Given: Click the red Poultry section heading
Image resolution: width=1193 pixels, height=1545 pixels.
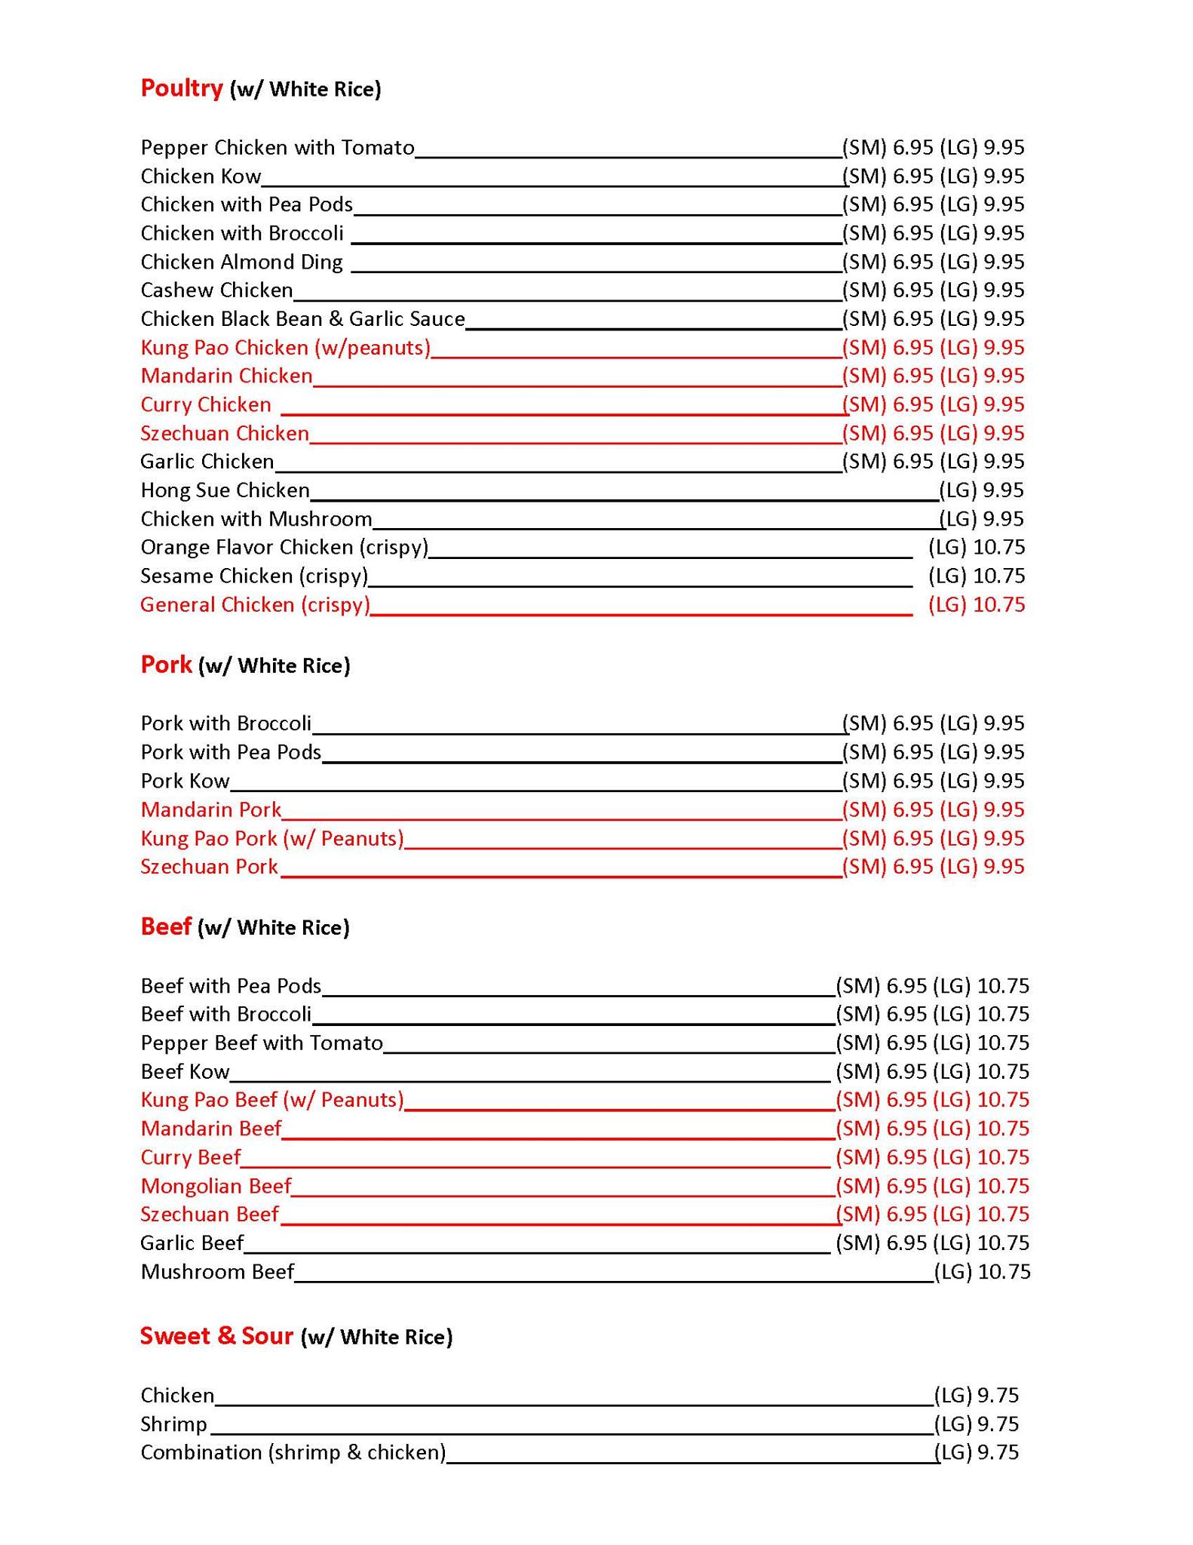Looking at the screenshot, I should click(182, 88).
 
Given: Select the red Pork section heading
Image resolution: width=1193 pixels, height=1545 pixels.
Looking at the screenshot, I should click(166, 665).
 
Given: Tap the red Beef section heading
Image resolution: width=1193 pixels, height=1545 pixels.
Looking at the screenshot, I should click(166, 926).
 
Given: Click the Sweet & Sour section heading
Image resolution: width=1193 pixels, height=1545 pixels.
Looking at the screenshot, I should click(216, 1336).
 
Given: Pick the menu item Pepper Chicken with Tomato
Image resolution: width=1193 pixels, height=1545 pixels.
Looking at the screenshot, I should click(278, 147).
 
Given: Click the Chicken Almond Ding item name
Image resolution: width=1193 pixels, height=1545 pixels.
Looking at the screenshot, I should click(241, 262).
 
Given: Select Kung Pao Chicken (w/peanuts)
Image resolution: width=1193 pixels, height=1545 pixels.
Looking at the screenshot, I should click(285, 348).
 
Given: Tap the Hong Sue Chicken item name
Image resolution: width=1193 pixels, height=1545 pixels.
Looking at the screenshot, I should click(225, 490).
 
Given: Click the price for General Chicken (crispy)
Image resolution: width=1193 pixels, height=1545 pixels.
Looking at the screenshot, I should click(977, 605).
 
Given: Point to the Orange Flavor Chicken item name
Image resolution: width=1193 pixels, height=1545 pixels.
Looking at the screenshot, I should click(284, 547).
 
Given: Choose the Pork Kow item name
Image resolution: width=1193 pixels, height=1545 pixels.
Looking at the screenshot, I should click(185, 781).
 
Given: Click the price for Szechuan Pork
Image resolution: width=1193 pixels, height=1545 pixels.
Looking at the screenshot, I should click(934, 867).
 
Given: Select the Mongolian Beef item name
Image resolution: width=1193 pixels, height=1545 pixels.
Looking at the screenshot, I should click(216, 1186).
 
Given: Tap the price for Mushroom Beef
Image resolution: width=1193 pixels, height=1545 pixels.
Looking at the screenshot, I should click(982, 1272).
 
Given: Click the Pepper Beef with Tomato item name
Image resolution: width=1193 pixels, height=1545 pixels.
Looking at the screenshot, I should click(262, 1043).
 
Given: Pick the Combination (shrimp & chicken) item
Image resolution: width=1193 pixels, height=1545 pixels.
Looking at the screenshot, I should click(293, 1452).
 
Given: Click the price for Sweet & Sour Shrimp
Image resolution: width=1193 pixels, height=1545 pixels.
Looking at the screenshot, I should click(977, 1424).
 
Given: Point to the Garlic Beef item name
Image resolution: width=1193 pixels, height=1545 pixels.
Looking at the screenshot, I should click(192, 1242).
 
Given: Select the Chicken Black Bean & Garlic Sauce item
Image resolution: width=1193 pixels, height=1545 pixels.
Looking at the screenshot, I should click(302, 319).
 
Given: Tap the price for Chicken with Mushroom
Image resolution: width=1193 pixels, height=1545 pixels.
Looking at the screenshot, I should click(981, 519).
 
